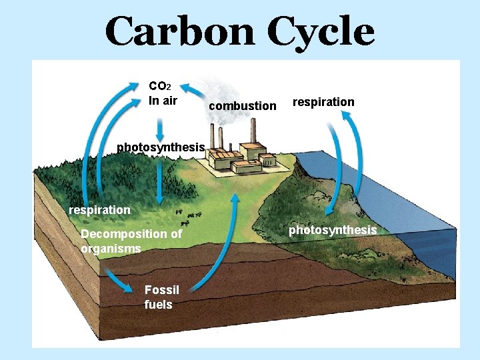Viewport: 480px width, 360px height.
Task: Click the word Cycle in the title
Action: (x=321, y=31)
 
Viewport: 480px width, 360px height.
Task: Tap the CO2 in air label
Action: (x=163, y=93)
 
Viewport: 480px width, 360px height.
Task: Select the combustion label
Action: (x=242, y=105)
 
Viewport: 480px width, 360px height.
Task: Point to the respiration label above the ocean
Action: (x=323, y=101)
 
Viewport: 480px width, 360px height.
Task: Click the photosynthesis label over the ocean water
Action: (x=332, y=230)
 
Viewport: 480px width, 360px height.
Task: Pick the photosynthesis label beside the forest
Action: (x=160, y=147)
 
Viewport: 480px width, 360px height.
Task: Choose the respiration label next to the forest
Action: (x=99, y=209)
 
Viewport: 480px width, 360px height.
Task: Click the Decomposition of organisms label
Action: (x=131, y=241)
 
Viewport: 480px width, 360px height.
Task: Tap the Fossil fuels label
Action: (x=161, y=297)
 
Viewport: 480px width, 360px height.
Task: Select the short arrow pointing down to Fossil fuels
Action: (x=119, y=282)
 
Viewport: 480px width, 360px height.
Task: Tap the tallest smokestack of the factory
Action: (x=253, y=131)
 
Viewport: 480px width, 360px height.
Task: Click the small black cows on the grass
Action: (x=191, y=215)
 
